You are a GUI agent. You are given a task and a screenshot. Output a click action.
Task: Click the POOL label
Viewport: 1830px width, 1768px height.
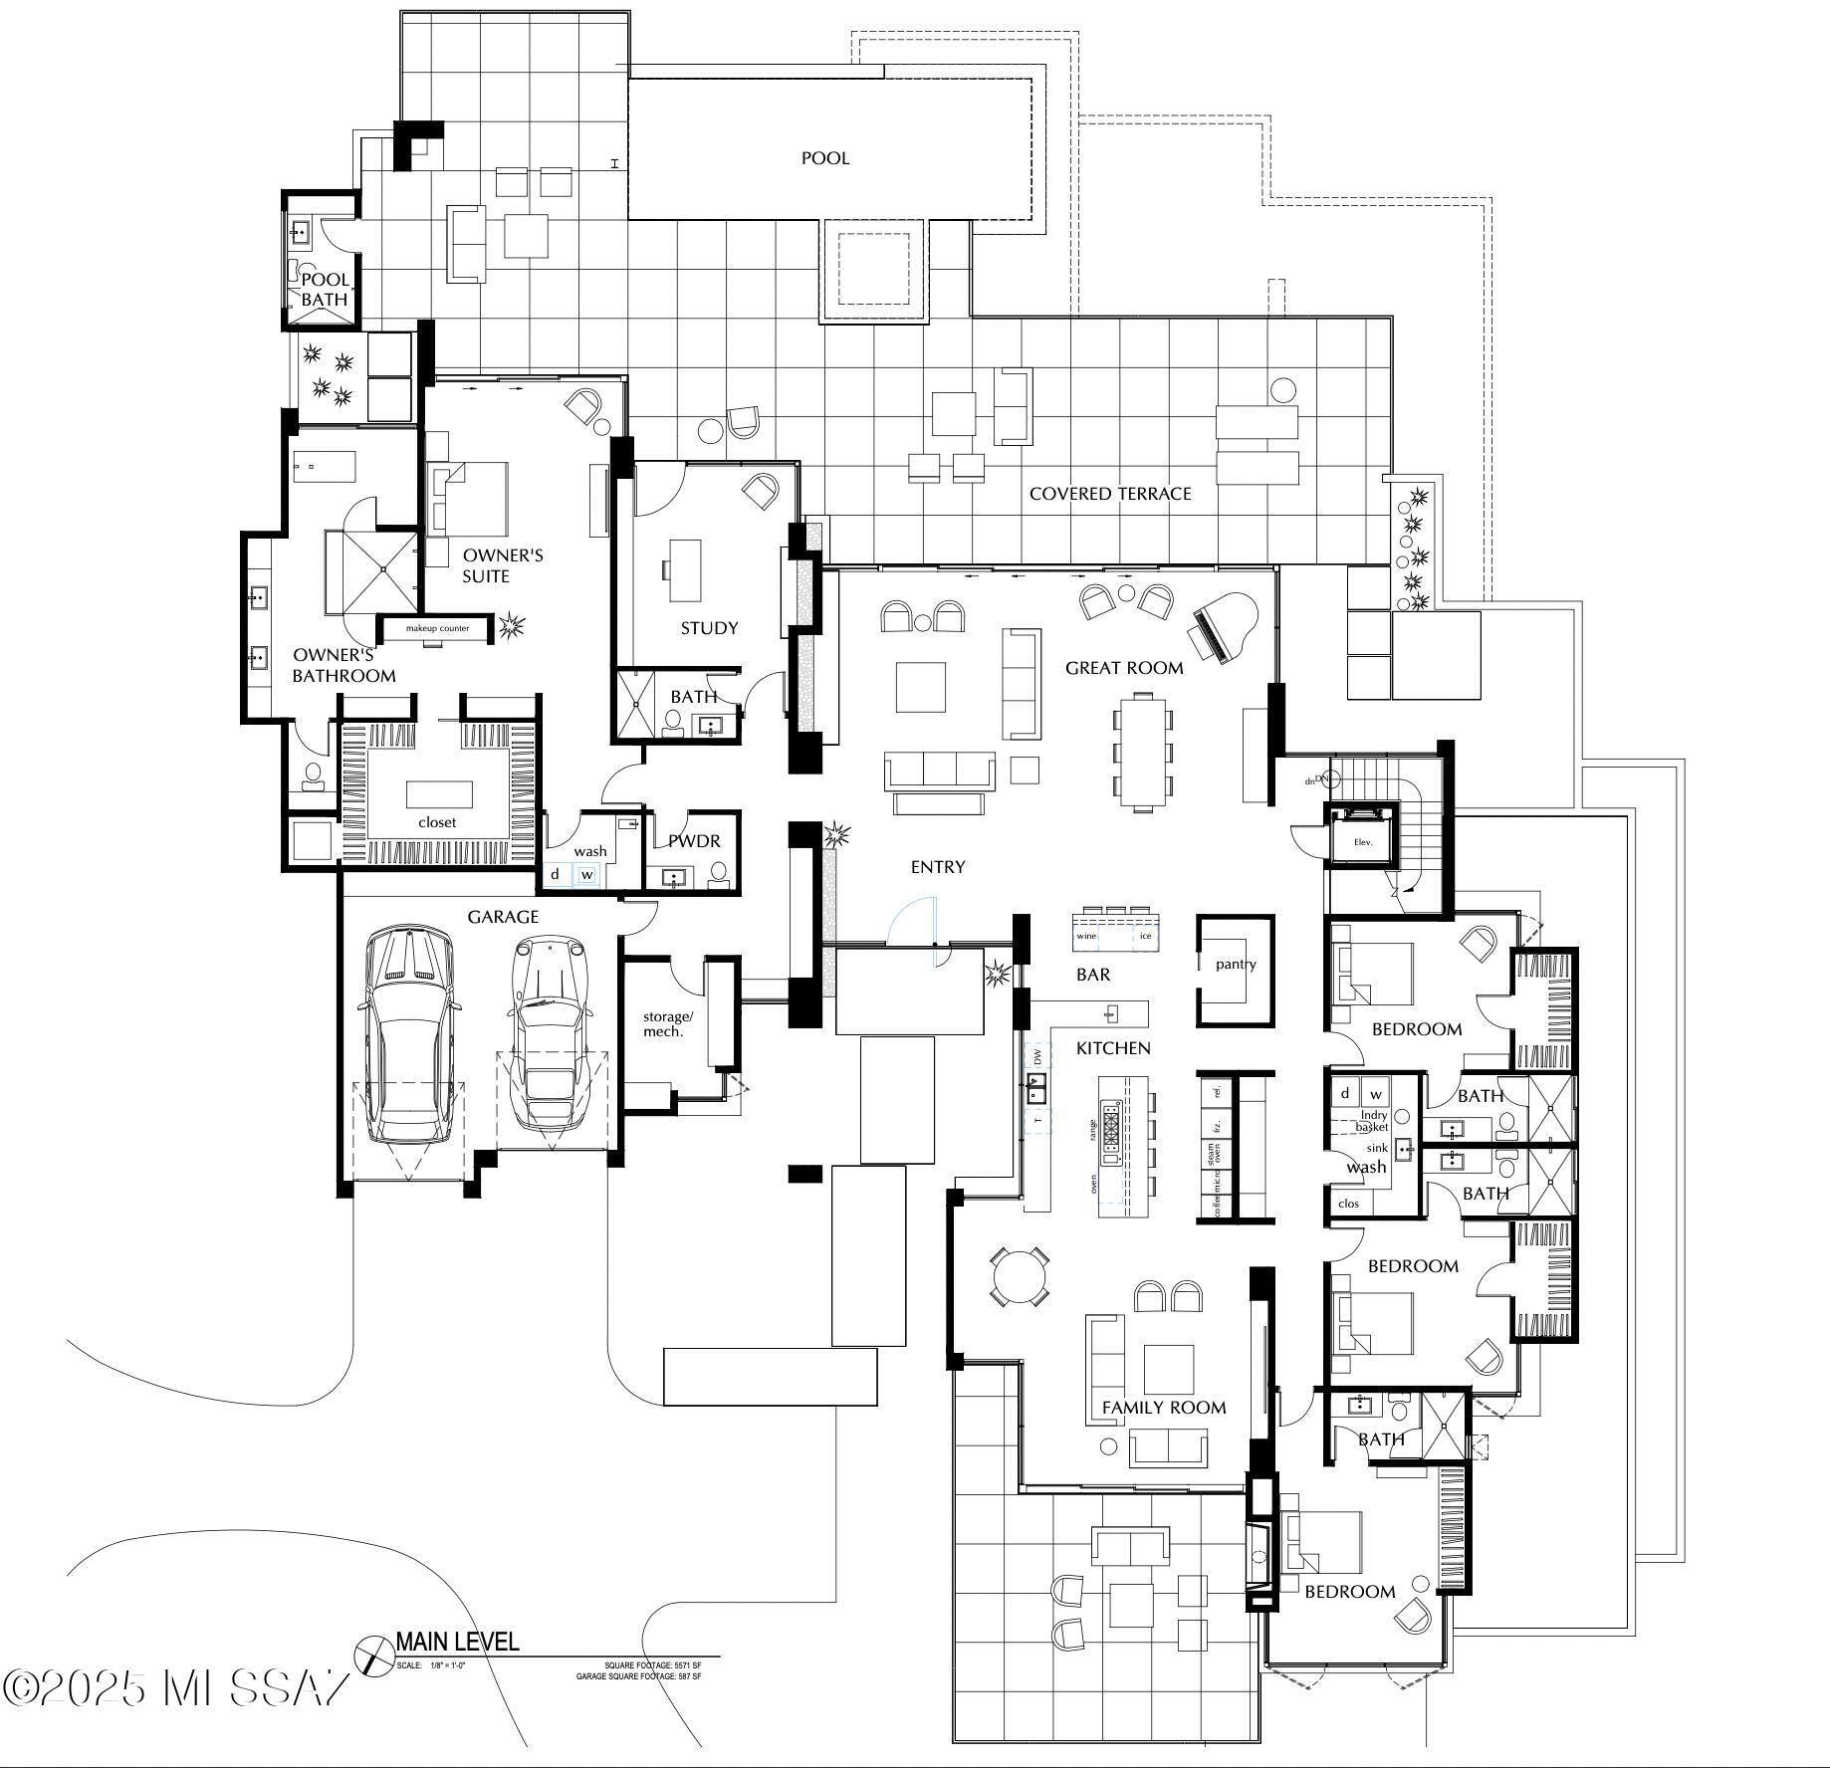[825, 158]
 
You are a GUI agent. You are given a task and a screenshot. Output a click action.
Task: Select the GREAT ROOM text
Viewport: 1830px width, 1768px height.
[1124, 668]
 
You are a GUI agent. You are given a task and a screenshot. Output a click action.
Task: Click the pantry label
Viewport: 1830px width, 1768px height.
[1236, 964]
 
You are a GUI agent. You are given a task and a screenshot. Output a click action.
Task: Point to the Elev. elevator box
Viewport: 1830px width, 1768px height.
[1362, 841]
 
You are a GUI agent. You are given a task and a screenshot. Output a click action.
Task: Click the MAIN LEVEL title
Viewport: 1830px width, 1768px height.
[457, 1641]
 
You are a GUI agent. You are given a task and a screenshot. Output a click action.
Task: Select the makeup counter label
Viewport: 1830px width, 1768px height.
[437, 628]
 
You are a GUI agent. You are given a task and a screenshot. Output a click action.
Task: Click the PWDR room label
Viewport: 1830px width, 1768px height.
[694, 841]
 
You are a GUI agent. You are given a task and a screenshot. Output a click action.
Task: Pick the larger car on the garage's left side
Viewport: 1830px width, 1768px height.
[410, 1035]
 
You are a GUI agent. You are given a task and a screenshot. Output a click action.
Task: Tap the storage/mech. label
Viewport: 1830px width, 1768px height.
[667, 1023]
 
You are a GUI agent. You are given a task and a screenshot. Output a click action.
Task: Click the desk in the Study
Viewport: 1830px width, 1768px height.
[684, 570]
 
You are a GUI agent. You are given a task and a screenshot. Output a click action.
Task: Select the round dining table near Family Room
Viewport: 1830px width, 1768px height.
[1020, 1276]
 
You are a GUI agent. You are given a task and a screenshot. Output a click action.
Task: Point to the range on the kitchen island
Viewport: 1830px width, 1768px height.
[1110, 1132]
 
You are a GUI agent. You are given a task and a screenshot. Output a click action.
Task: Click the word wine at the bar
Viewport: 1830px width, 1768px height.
[1086, 936]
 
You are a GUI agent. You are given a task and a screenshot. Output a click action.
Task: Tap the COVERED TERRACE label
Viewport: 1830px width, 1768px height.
[1110, 494]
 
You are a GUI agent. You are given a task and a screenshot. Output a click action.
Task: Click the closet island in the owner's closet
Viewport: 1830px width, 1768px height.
[439, 794]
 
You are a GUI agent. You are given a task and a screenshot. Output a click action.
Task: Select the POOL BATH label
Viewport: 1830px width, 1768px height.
[325, 290]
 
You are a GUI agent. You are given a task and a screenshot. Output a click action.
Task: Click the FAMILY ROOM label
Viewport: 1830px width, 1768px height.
[1163, 1408]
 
